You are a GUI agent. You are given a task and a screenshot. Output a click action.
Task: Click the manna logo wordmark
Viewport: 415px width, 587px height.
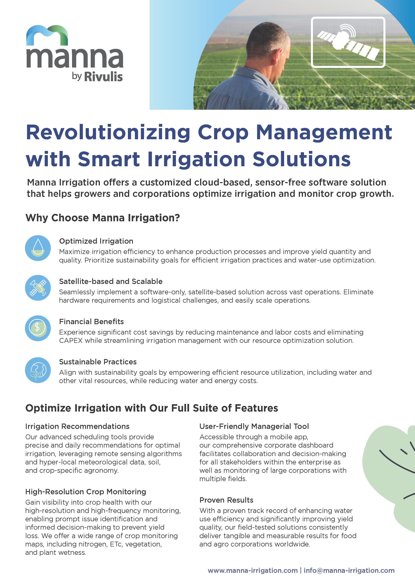[x=75, y=58]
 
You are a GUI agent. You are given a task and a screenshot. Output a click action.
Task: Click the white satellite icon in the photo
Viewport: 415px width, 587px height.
[x=348, y=42]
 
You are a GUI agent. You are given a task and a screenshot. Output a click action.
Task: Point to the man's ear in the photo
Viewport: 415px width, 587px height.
[x=275, y=61]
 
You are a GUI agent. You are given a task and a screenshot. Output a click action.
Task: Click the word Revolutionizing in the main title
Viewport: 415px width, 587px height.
[x=108, y=133]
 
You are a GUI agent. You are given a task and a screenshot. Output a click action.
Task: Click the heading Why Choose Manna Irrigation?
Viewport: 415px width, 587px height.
[x=103, y=218]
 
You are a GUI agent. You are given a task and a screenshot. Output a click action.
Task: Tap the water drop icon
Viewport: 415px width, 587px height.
[x=38, y=248]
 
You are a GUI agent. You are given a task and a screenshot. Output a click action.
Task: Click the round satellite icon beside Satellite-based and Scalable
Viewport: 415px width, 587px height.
[x=38, y=288]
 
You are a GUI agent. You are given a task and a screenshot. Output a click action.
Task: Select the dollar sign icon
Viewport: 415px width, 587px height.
[x=38, y=328]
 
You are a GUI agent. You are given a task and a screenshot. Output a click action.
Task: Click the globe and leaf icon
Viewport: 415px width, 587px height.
[x=38, y=370]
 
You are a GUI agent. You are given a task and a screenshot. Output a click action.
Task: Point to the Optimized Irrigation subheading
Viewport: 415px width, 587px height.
[x=96, y=241]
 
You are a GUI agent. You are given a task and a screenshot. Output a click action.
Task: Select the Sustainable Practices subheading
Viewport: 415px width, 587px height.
[x=98, y=362]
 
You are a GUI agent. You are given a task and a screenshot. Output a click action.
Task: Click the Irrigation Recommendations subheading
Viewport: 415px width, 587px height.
[x=77, y=426]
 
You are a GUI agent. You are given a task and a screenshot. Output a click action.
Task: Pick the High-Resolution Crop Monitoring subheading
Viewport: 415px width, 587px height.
[x=86, y=492]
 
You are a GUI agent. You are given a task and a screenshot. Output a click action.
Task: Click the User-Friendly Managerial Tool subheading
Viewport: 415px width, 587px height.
[x=254, y=426]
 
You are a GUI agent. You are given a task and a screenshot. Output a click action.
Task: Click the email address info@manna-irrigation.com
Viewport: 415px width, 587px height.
[x=349, y=570]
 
